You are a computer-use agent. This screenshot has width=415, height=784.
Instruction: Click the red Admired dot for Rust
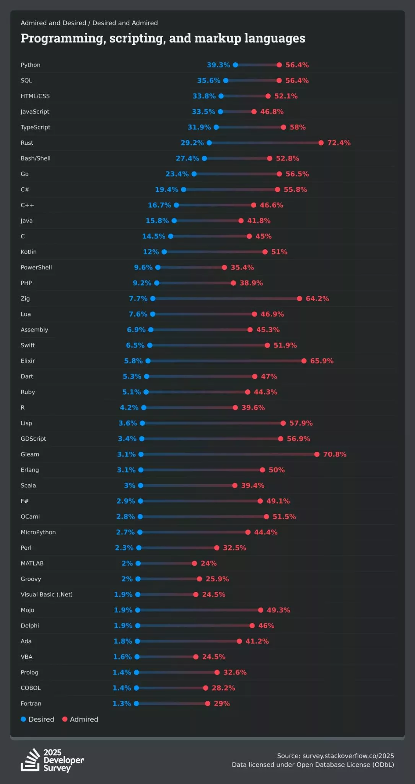321,143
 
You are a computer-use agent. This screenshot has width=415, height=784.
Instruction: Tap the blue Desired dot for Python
236,65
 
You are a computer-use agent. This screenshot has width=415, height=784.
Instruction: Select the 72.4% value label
339,143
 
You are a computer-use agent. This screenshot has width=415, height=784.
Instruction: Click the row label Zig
25,299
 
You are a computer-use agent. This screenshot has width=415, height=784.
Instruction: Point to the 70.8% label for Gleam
335,454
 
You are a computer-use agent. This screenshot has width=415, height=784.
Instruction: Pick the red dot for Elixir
304,361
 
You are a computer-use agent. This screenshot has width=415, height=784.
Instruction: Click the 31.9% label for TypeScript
199,127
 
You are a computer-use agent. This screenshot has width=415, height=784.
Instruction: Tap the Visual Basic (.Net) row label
47,595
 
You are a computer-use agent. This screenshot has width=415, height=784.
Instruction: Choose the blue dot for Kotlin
164,252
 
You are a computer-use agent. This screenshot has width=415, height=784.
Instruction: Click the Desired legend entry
37,719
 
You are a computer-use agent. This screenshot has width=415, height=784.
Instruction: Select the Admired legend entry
80,719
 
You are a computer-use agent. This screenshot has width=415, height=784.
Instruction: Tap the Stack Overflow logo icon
30,760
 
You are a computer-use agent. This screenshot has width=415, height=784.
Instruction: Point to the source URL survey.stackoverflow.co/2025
348,756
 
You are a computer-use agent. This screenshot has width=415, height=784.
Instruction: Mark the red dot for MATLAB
194,563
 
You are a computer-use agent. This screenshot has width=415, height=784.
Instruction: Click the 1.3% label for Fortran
122,704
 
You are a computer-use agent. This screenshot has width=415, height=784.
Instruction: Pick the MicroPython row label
38,532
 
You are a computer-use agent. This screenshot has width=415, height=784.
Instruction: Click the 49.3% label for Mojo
278,610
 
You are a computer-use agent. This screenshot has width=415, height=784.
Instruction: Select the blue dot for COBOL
137,688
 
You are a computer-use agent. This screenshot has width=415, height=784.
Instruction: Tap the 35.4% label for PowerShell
242,268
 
